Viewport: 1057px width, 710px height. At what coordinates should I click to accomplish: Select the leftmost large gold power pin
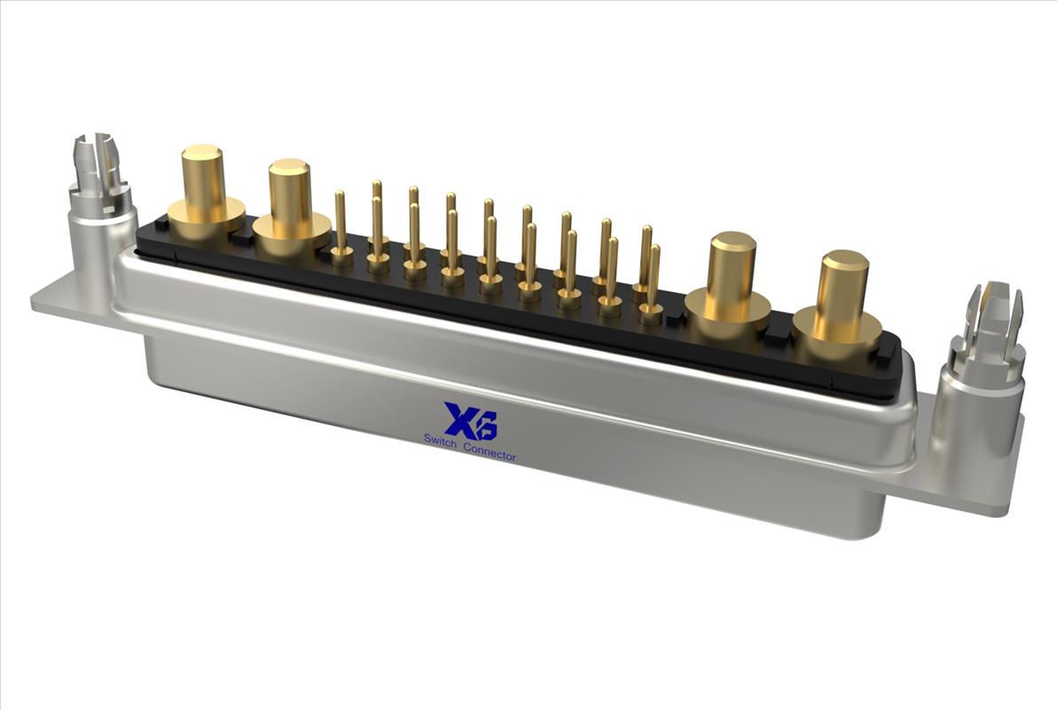tap(204, 193)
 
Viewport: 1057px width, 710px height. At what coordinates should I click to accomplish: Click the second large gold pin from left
tap(291, 209)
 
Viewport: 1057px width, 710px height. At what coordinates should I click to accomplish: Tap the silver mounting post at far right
tap(984, 365)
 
